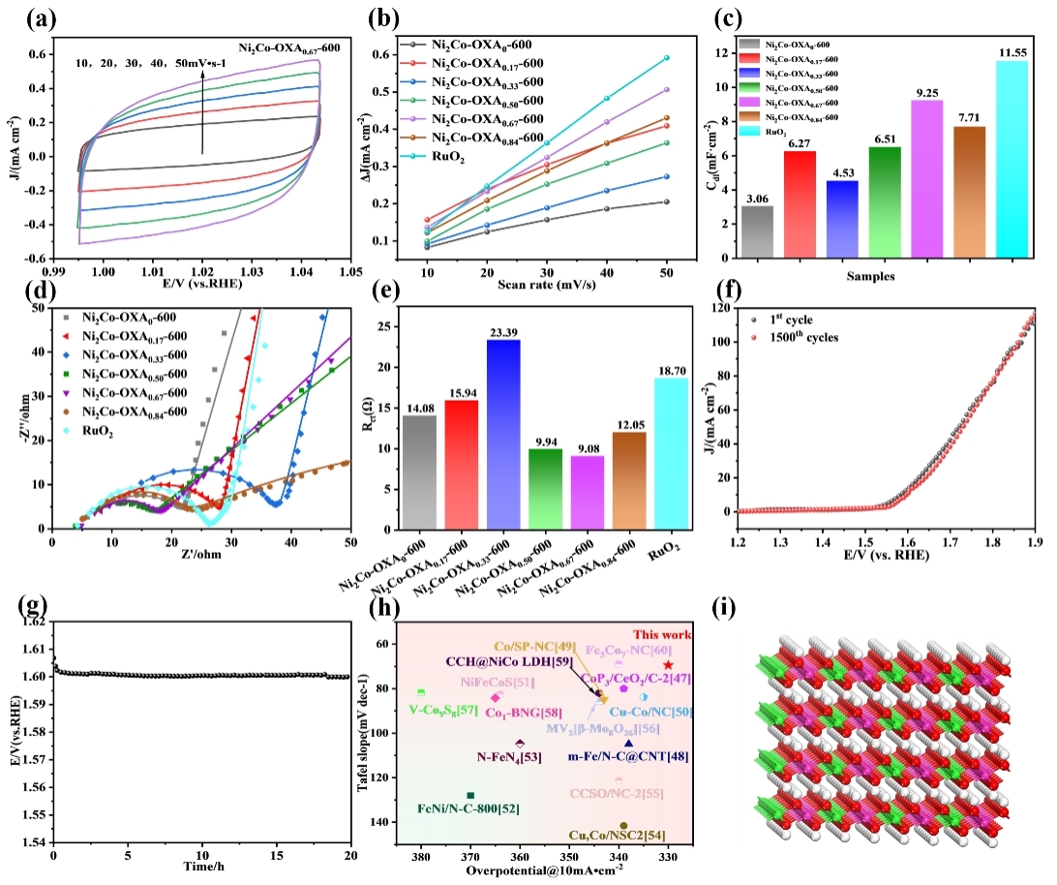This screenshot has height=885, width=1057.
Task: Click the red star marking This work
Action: click(x=669, y=665)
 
